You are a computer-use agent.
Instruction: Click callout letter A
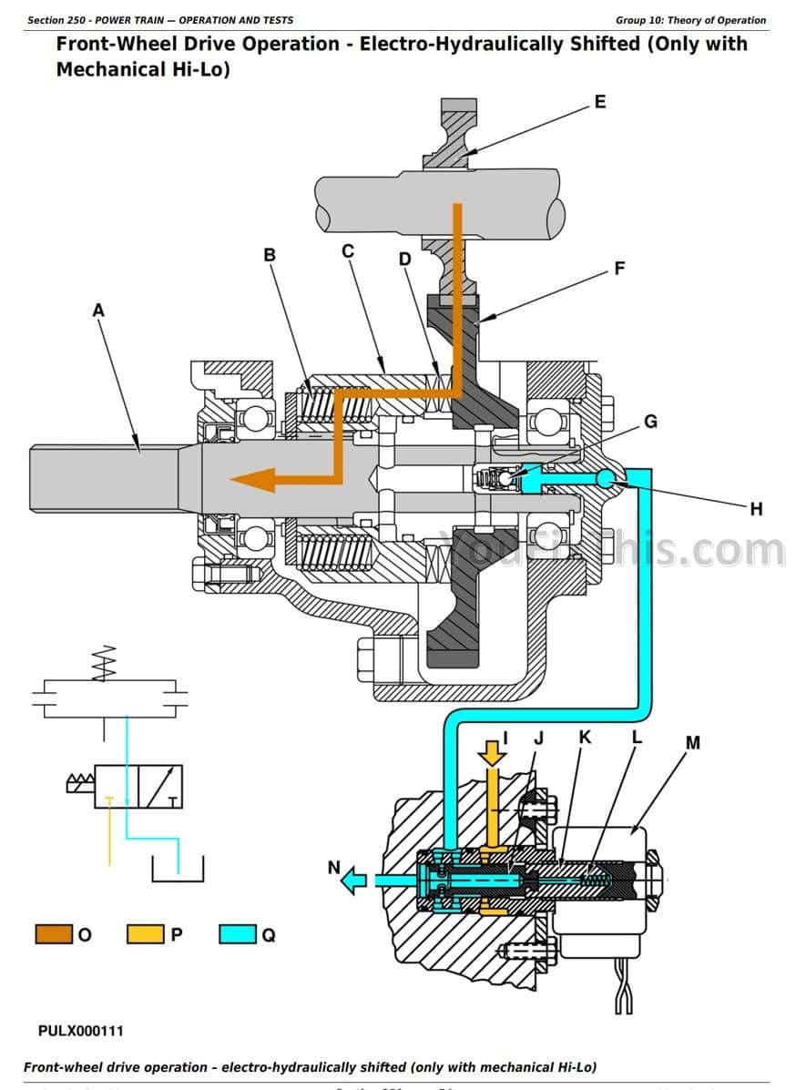click(98, 311)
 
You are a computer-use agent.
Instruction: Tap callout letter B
click(270, 255)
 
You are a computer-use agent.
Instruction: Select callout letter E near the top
click(599, 102)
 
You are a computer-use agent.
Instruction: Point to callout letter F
click(619, 269)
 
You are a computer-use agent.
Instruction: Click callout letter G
click(650, 422)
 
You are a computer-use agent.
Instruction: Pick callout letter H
click(755, 509)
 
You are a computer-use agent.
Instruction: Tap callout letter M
click(692, 742)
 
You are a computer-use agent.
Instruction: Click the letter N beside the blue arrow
click(333, 868)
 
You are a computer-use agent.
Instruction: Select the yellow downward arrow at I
click(492, 751)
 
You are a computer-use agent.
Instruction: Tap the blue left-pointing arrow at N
click(354, 880)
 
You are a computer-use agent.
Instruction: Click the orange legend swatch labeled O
click(53, 934)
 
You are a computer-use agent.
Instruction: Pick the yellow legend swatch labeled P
click(145, 934)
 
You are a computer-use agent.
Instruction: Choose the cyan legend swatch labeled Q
click(237, 934)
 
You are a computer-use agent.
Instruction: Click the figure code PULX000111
click(81, 1031)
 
